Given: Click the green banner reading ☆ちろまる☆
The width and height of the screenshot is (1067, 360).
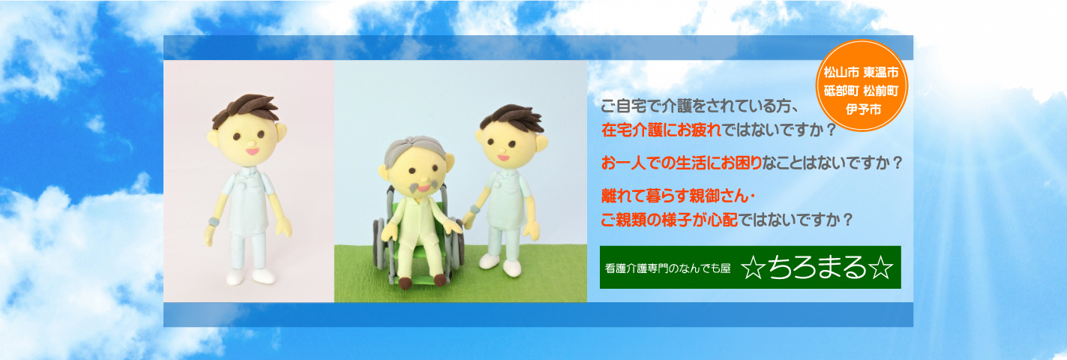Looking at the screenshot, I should point(750,267).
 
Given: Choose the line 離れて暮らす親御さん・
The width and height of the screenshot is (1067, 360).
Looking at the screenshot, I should point(678,196).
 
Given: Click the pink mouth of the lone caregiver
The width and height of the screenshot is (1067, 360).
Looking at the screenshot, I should point(252,151).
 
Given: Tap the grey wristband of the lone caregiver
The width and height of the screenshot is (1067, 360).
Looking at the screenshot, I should point(214,222).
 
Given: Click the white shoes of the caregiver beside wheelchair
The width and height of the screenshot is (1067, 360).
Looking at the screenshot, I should point(500,264).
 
